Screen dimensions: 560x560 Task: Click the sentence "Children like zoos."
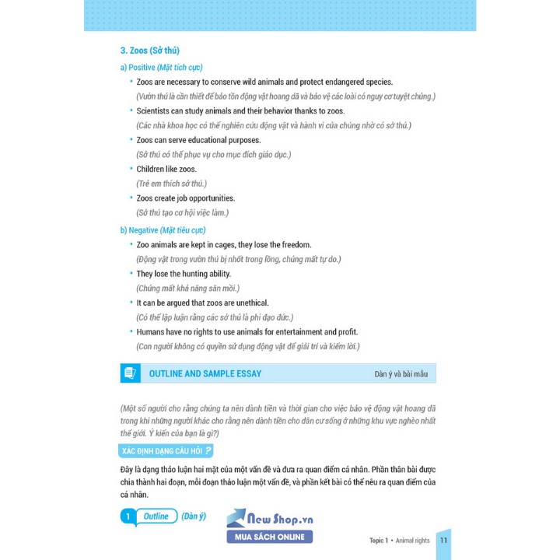coord(166,169)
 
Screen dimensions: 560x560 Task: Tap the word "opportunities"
coord(208,198)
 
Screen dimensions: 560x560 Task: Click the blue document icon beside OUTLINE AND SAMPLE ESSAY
coord(130,373)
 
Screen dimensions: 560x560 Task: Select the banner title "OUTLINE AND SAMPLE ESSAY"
coord(205,374)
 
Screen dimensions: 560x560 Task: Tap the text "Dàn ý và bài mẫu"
coord(401,374)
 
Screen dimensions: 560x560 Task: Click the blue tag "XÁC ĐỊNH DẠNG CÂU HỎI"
coord(166,451)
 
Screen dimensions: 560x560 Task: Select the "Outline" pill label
coord(156,516)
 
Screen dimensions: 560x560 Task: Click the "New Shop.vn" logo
coord(269,518)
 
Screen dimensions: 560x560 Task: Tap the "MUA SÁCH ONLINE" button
coord(269,537)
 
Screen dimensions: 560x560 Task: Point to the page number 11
coord(443,541)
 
